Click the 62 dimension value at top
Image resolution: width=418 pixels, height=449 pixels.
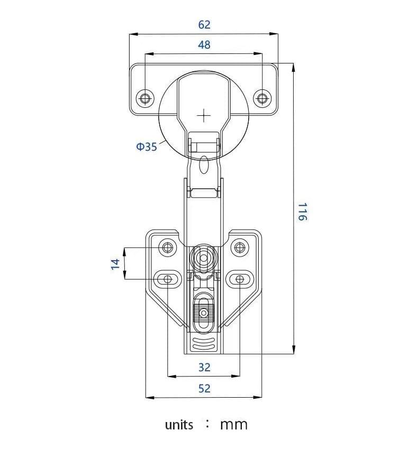click(204, 25)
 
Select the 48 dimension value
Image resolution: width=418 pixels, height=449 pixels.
click(204, 45)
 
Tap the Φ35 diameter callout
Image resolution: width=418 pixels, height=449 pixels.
click(147, 147)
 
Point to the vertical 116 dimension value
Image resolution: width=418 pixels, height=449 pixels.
click(302, 212)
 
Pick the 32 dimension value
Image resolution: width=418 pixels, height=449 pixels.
click(204, 367)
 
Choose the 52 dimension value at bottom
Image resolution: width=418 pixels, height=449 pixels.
click(204, 389)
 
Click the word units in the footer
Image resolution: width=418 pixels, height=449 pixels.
click(179, 425)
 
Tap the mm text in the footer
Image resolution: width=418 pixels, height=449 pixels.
click(233, 425)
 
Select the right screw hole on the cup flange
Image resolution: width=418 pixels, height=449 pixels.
click(262, 98)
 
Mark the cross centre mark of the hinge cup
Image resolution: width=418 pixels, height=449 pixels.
click(204, 115)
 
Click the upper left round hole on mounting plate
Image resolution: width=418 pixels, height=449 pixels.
click(168, 247)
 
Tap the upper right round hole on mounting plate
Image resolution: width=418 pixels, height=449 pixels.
click(240, 247)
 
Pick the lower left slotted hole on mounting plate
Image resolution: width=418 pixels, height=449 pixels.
click(168, 279)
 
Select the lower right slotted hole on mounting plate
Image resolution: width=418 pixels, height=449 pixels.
click(240, 279)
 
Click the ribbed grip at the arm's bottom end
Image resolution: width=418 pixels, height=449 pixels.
click(204, 345)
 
